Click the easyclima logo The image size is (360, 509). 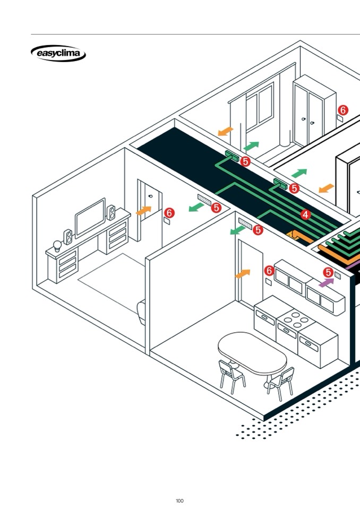click(58, 54)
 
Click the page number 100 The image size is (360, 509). click(179, 501)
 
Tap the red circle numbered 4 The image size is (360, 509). click(305, 215)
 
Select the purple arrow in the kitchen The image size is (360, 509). click(326, 283)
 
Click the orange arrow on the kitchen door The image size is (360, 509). click(242, 274)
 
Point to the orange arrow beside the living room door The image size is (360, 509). click(143, 211)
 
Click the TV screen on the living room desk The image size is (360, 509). click(90, 217)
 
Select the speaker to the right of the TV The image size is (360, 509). click(112, 213)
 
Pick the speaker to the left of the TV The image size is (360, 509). click(68, 236)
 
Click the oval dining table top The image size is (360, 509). click(252, 353)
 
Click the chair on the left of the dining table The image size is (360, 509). click(232, 374)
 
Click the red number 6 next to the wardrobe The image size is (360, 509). click(343, 110)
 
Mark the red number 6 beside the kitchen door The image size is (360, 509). click(269, 271)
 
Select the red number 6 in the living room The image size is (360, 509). click(169, 213)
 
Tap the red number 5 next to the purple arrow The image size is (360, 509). click(328, 272)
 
